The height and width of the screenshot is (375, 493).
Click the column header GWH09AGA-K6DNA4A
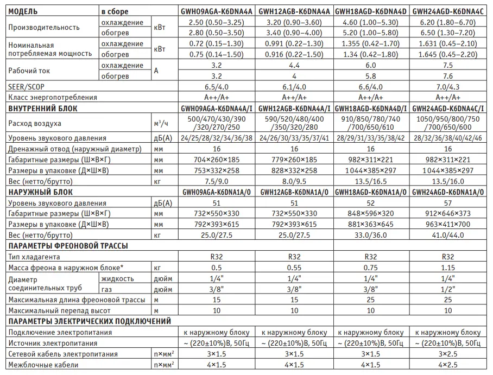[217, 11]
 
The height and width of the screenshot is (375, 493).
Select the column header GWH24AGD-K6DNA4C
[448, 11]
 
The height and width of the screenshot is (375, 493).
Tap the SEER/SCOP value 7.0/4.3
[448, 87]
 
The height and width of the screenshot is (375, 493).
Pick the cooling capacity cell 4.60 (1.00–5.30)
[371, 23]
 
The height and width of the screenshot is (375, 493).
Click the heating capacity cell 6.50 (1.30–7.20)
[448, 33]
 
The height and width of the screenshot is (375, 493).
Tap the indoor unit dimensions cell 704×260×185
[217, 160]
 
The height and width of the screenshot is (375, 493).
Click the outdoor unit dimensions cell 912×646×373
[448, 213]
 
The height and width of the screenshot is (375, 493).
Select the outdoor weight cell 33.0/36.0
[371, 235]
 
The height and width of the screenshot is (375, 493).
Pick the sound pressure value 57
[448, 203]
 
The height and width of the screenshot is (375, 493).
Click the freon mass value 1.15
[448, 268]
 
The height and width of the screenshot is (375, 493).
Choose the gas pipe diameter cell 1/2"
[448, 289]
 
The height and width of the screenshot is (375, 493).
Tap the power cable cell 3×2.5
[448, 354]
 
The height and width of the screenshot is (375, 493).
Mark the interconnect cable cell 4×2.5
[448, 365]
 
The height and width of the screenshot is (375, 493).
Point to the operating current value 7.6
[448, 76]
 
